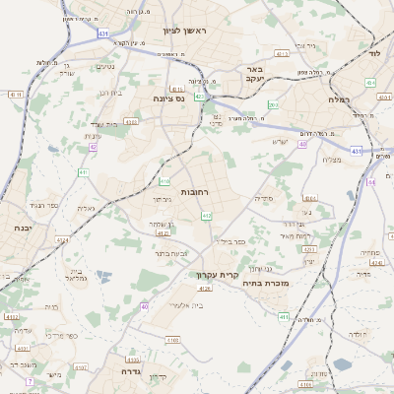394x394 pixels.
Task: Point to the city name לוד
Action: point(374,51)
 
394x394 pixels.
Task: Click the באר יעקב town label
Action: point(254,75)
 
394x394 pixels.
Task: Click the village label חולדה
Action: point(358,335)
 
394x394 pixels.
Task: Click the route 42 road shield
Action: point(94,147)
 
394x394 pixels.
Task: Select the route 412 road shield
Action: point(207,216)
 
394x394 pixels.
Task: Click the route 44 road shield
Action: point(371,182)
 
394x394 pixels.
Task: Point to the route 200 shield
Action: point(273,105)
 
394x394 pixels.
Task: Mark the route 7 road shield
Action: point(30,380)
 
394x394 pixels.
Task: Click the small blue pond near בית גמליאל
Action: point(105,278)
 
